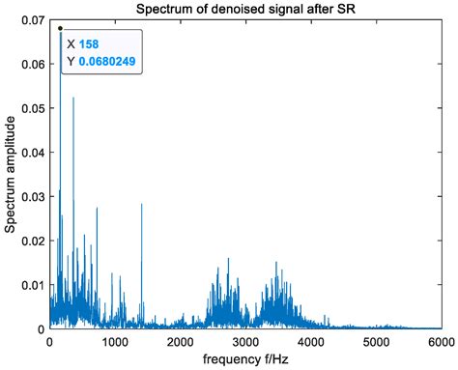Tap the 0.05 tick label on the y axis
pyautogui.click(x=32, y=108)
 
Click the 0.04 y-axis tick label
pyautogui.click(x=32, y=153)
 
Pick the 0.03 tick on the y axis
pyautogui.click(x=32, y=197)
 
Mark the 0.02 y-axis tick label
pyautogui.click(x=32, y=241)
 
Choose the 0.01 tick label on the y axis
pyautogui.click(x=32, y=285)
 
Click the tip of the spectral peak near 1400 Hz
pyautogui.click(x=142, y=205)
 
